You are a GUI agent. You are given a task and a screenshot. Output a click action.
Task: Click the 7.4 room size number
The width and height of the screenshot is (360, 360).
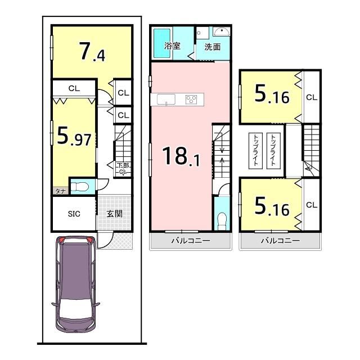(x=92, y=52)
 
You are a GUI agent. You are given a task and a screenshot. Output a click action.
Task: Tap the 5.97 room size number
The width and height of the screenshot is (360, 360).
(x=74, y=137)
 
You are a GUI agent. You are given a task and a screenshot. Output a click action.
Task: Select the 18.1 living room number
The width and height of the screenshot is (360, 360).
(x=181, y=156)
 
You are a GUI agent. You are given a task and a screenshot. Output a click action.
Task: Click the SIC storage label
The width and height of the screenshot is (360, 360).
(x=74, y=214)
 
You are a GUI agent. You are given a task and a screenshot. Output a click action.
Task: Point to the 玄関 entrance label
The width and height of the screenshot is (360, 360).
(x=114, y=214)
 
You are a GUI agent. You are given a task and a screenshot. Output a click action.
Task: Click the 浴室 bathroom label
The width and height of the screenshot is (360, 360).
(x=172, y=46)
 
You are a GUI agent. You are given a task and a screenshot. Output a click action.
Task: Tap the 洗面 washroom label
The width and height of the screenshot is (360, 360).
(x=213, y=47)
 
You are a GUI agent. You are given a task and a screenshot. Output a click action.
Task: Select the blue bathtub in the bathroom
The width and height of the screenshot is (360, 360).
(x=162, y=43)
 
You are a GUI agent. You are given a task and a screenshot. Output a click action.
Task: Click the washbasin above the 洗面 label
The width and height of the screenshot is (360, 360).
(x=221, y=31)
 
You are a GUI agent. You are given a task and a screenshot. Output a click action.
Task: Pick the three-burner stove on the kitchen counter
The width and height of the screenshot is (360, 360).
(x=191, y=100)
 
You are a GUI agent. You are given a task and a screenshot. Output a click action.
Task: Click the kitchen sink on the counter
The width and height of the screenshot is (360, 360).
(x=166, y=100)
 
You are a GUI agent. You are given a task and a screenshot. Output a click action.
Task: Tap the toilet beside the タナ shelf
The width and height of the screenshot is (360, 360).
(x=79, y=186)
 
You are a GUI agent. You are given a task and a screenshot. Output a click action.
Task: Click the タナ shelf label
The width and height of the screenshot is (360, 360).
(x=61, y=191)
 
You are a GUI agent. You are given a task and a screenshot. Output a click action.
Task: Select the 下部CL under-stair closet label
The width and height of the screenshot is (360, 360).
(x=123, y=168)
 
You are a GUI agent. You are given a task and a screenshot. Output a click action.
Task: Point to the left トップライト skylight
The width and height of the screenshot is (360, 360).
(x=255, y=151)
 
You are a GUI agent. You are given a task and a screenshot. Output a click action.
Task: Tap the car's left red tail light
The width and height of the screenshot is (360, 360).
(x=62, y=240)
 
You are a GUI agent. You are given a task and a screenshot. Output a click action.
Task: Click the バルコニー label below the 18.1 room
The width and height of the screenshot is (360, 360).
(x=191, y=241)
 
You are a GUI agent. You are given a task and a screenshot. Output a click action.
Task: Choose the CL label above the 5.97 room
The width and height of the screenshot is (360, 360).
(x=74, y=88)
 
